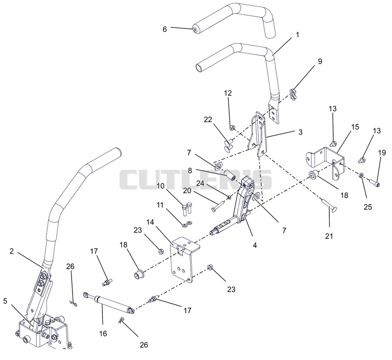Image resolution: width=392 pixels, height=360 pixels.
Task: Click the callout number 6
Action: [165, 29]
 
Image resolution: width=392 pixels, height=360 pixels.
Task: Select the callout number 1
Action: [297, 35]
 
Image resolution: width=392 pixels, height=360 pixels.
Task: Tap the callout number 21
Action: [329, 236]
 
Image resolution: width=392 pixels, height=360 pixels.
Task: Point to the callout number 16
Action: [103, 334]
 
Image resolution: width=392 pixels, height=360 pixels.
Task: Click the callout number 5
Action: [5, 301]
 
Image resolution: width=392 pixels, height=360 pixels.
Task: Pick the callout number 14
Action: [150, 222]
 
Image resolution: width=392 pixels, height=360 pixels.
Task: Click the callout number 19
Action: [382, 153]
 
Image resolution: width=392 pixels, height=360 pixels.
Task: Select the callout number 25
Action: [368, 207]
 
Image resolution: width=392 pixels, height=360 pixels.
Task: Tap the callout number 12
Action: [228, 93]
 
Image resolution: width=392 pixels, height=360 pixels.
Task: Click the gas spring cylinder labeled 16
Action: [109, 304]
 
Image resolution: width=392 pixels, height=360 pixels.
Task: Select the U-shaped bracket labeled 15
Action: [325, 163]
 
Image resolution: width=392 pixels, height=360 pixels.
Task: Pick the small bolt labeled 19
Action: [374, 183]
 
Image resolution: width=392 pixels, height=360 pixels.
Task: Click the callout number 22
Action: [208, 120]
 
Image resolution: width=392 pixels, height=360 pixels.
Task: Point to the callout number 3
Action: [300, 132]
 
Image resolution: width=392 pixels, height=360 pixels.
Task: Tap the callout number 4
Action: [254, 245]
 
